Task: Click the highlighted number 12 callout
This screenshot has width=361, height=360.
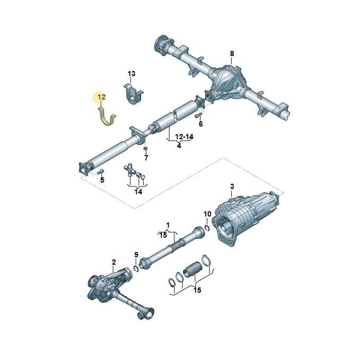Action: pyautogui.click(x=102, y=97)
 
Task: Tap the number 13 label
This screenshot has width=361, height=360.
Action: pyautogui.click(x=131, y=74)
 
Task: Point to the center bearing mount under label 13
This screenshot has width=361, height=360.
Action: pyautogui.click(x=133, y=95)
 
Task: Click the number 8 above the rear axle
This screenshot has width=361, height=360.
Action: pyautogui.click(x=232, y=53)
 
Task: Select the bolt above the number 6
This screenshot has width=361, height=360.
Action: pyautogui.click(x=198, y=115)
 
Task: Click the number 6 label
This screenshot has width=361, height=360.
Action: pyautogui.click(x=201, y=124)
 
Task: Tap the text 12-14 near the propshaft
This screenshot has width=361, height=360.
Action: pyautogui.click(x=184, y=137)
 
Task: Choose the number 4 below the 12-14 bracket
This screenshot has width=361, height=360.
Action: pyautogui.click(x=179, y=145)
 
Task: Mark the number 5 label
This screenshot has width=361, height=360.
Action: pyautogui.click(x=102, y=180)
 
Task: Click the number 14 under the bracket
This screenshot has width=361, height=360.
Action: pyautogui.click(x=138, y=192)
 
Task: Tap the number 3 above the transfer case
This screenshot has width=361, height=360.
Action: pyautogui.click(x=232, y=186)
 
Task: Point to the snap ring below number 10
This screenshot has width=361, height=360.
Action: pyautogui.click(x=207, y=228)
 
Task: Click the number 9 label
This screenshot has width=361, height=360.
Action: pyautogui.click(x=136, y=255)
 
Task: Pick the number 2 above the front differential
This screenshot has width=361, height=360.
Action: pyautogui.click(x=114, y=262)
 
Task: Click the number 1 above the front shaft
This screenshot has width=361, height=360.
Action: pyautogui.click(x=168, y=225)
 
